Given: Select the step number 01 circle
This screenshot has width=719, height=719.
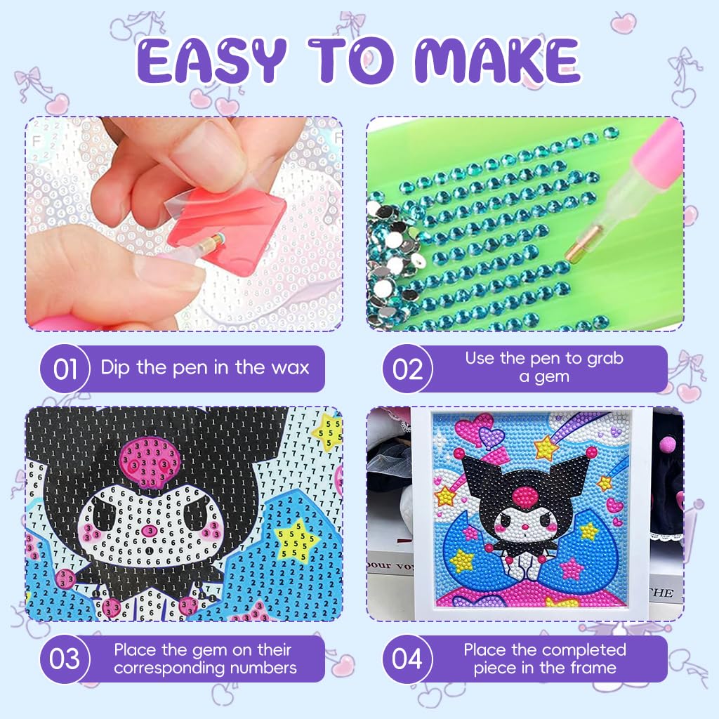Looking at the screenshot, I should click(x=65, y=369).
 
